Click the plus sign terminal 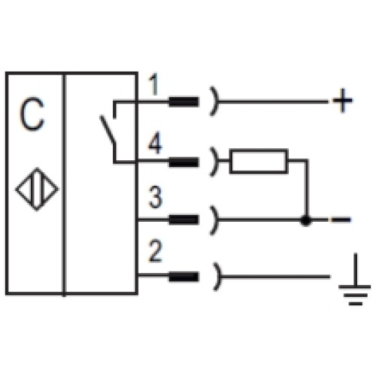click(x=341, y=101)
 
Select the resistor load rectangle click(x=259, y=160)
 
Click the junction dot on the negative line click(x=305, y=220)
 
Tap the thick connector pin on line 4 click(x=183, y=160)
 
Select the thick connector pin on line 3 click(x=183, y=220)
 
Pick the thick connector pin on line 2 click(x=183, y=277)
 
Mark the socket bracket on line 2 click(x=216, y=277)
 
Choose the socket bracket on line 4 click(x=216, y=160)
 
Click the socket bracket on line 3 click(x=216, y=220)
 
